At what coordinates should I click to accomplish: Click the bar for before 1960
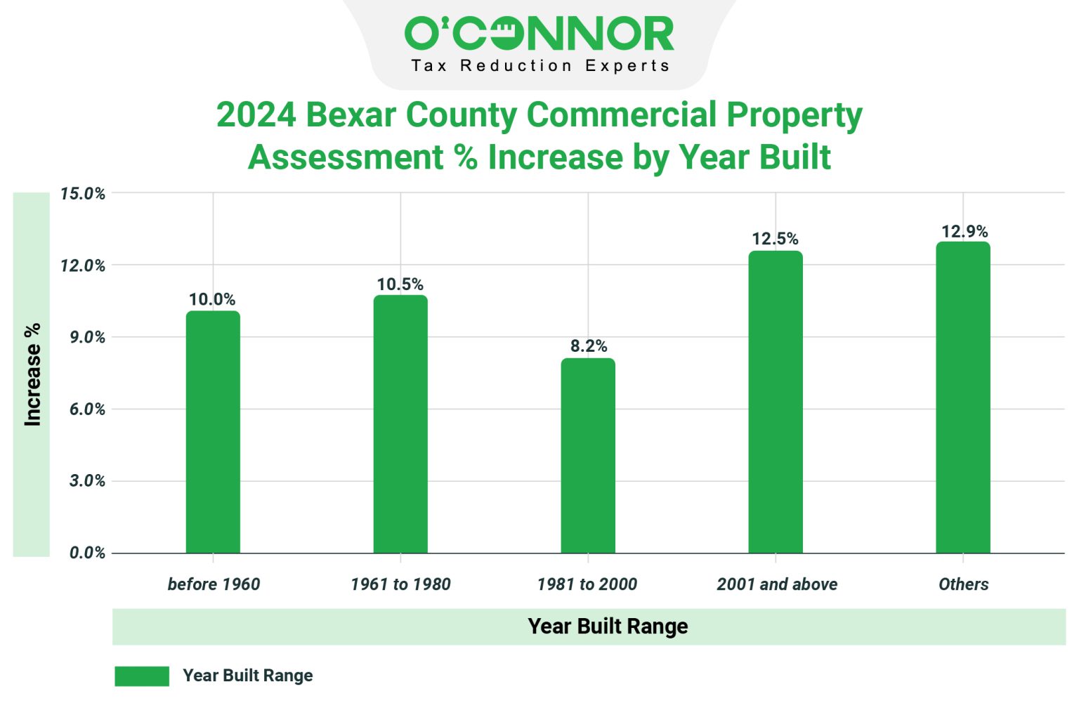(x=213, y=432)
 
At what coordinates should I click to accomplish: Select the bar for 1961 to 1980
(x=400, y=424)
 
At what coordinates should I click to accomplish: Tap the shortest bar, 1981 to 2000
(x=588, y=456)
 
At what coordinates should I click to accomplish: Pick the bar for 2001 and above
(x=775, y=402)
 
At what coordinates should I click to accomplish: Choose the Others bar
(x=962, y=398)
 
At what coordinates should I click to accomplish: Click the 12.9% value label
(x=964, y=231)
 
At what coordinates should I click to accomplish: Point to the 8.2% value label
(x=588, y=346)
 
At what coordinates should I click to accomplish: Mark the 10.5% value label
(x=400, y=284)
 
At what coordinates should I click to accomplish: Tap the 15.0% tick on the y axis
(x=83, y=194)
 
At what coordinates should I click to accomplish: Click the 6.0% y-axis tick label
(x=87, y=409)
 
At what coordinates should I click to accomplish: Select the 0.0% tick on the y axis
(x=87, y=553)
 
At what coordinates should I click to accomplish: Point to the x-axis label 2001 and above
(x=777, y=584)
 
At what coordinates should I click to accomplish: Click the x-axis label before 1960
(x=214, y=584)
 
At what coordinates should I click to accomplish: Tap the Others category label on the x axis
(x=963, y=584)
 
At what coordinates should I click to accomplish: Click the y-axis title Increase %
(x=32, y=374)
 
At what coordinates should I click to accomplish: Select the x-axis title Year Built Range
(x=608, y=627)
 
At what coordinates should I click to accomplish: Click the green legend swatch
(x=142, y=676)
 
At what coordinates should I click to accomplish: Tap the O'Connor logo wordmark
(x=539, y=34)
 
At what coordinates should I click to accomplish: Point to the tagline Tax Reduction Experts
(x=539, y=66)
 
